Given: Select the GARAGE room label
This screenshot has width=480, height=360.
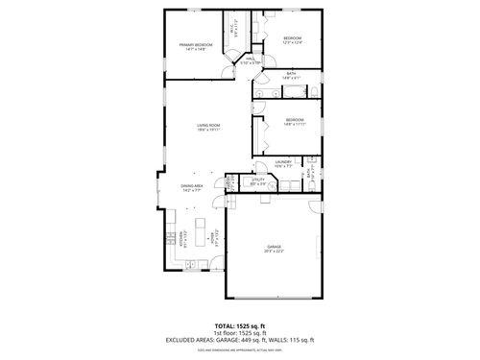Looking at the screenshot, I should click(275, 247).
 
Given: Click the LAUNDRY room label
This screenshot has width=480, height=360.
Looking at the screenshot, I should click(282, 162).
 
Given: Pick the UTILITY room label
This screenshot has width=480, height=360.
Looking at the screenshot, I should click(258, 180).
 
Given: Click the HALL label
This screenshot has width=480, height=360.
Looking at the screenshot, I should click(249, 59).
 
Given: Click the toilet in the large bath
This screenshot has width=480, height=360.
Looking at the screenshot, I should click(311, 91).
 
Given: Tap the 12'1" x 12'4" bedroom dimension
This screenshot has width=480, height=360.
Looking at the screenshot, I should click(292, 41).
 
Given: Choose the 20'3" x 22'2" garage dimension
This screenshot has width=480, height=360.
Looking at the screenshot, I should click(275, 252).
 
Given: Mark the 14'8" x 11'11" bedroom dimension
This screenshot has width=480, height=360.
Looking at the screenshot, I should click(294, 124).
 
